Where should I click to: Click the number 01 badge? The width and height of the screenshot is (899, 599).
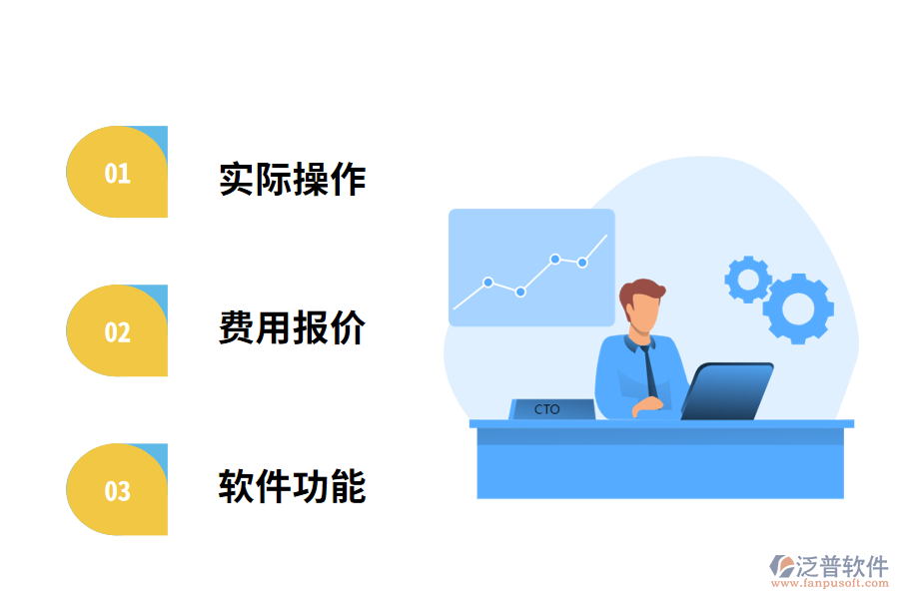point(117,173)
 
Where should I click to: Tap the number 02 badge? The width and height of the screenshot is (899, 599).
point(117,331)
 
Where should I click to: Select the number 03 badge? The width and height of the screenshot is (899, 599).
point(117,490)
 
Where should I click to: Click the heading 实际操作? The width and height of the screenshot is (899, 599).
point(293,180)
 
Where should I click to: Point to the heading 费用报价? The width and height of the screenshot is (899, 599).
point(293,327)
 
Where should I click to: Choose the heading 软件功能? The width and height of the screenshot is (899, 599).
point(293,486)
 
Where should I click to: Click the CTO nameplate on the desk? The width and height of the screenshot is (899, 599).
point(548,409)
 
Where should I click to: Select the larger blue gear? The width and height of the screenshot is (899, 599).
point(798,307)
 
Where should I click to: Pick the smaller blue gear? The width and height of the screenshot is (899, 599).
point(747,280)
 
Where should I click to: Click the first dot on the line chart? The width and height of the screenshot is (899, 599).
point(488,282)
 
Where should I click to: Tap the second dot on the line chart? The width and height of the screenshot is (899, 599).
point(520,292)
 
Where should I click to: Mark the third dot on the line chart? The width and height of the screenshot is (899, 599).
point(554,259)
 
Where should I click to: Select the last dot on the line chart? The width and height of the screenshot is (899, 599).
point(582,263)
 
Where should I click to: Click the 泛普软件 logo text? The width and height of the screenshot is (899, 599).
point(841,566)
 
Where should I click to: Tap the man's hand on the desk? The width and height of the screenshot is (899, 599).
point(647,404)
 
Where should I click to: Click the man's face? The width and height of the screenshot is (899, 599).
point(641,315)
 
